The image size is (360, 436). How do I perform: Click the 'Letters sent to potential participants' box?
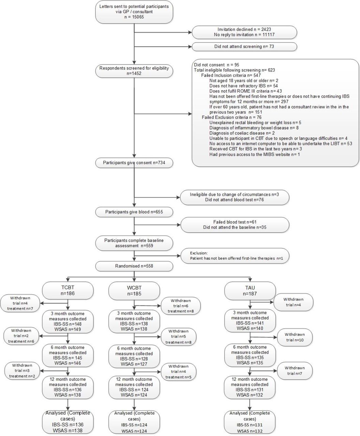pyautogui.click(x=134, y=12)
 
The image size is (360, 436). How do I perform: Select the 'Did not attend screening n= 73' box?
pyautogui.click(x=244, y=47)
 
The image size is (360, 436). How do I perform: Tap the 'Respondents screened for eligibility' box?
pyautogui.click(x=134, y=71)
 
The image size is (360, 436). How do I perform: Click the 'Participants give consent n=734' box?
pyautogui.click(x=134, y=163)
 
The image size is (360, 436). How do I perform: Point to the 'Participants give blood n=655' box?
pyautogui.click(x=134, y=212)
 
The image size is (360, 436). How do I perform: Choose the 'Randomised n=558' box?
pyautogui.click(x=134, y=266)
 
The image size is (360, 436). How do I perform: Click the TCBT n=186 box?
pyautogui.click(x=68, y=291)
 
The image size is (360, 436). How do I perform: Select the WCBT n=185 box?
pyautogui.click(x=134, y=291)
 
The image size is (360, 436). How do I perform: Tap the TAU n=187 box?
pyautogui.click(x=250, y=291)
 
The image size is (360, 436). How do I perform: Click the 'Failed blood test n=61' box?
pyautogui.click(x=235, y=225)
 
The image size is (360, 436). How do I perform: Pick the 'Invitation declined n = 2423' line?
pyautogui.click(x=244, y=29)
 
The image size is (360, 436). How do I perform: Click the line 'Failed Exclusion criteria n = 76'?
pyautogui.click(x=231, y=117)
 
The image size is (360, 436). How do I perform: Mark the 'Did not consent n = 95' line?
pyautogui.click(x=216, y=65)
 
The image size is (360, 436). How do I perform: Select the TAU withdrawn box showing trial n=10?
pyautogui.click(x=295, y=337)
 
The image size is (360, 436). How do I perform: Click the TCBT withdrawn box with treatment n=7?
pyautogui.click(x=20, y=303)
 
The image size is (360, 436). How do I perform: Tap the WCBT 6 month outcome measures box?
pyautogui.click(x=134, y=356)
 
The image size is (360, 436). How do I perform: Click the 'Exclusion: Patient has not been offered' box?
pyautogui.click(x=235, y=255)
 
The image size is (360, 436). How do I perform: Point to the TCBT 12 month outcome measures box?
pyautogui.click(x=68, y=387)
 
